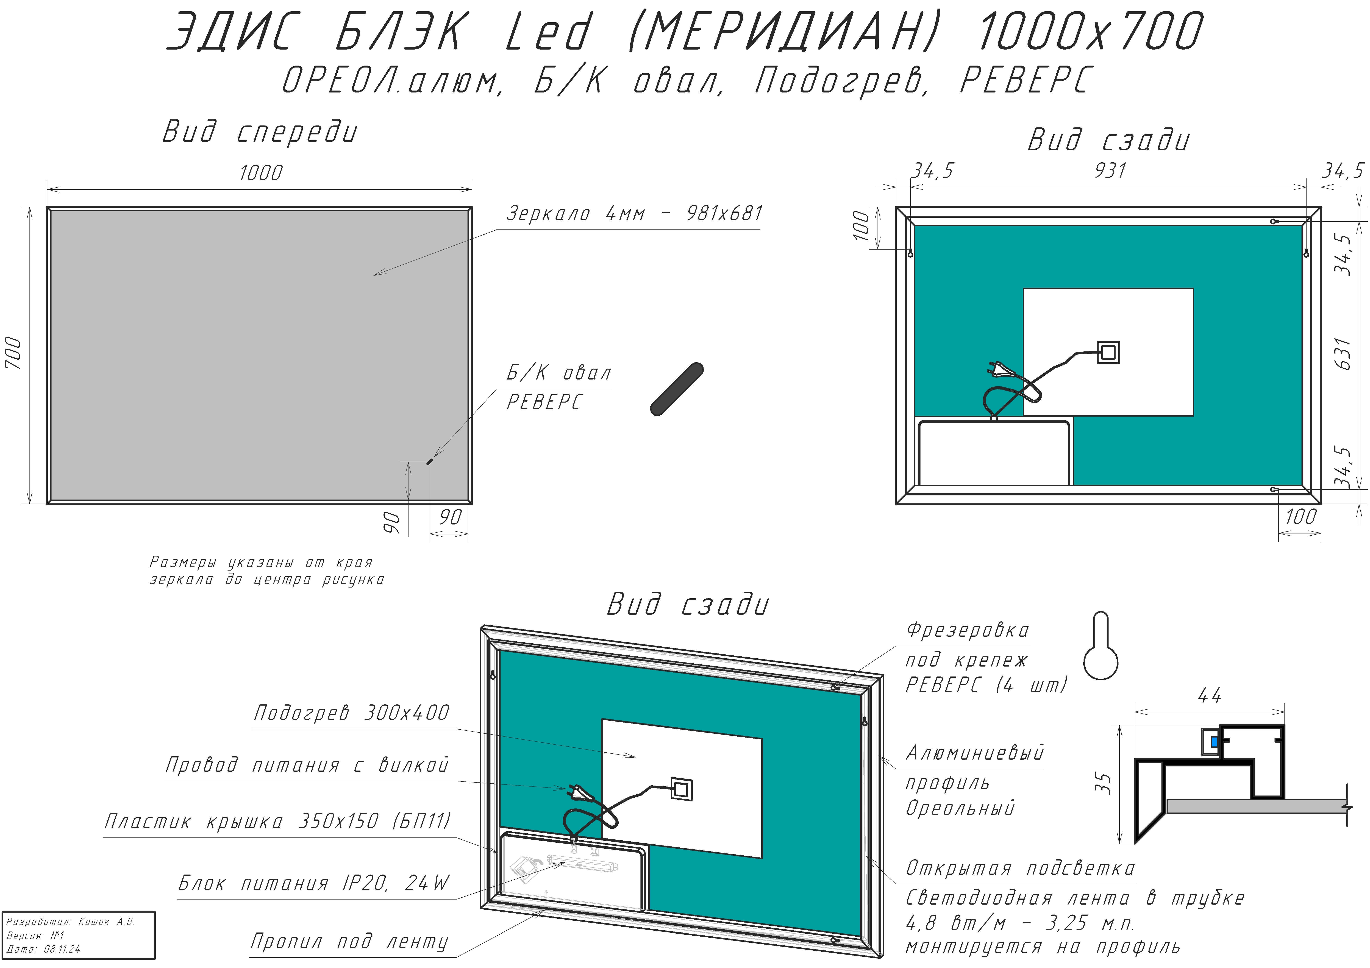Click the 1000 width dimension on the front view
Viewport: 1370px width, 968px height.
pyautogui.click(x=261, y=173)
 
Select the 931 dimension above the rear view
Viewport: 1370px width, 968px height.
pyautogui.click(x=1110, y=171)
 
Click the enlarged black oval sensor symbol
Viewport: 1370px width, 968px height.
pyautogui.click(x=677, y=389)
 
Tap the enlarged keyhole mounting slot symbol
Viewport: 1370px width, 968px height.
pyautogui.click(x=1101, y=646)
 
